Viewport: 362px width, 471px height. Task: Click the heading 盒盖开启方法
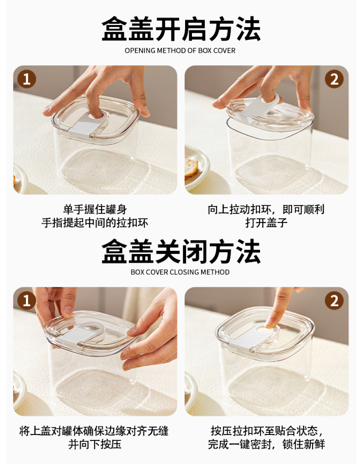click(x=181, y=29)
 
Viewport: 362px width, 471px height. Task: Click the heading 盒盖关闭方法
click(x=181, y=251)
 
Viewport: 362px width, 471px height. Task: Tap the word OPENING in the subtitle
click(x=140, y=50)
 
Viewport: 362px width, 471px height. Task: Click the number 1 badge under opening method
click(x=27, y=79)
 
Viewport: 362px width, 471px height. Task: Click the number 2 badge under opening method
click(x=334, y=79)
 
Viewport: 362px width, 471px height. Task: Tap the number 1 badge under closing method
click(x=27, y=301)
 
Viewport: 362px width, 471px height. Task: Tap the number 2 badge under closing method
click(x=334, y=301)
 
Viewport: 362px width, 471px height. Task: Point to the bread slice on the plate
click(x=191, y=167)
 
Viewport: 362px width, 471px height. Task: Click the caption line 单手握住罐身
click(x=95, y=209)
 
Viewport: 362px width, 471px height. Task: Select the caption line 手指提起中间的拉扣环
click(x=95, y=223)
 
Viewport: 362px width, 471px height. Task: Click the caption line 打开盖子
click(x=266, y=223)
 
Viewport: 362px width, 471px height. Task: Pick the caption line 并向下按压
click(x=95, y=444)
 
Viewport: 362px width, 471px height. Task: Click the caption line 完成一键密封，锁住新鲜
click(x=266, y=444)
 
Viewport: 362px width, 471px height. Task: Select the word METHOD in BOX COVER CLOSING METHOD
click(x=215, y=272)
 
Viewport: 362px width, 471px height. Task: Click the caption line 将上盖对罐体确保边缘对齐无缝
click(x=94, y=431)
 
